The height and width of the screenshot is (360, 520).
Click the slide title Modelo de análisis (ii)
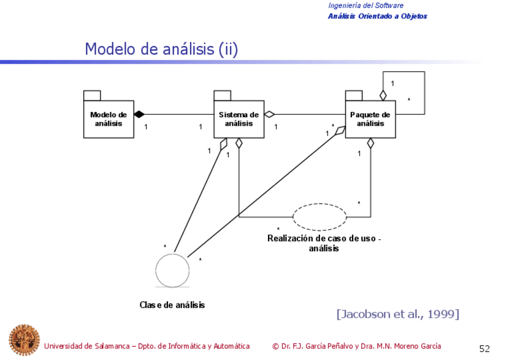[x=161, y=49]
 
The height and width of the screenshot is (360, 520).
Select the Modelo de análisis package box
[x=109, y=119]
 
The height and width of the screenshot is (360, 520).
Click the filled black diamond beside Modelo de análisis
[x=139, y=114]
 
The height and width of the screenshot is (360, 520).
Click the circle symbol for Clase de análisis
[x=172, y=269]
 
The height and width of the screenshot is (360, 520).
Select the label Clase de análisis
[x=172, y=305]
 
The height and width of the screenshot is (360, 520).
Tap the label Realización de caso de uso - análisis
[x=324, y=243]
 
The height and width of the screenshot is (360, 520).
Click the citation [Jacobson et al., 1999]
[x=397, y=314]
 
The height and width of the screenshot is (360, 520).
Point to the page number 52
[x=484, y=348]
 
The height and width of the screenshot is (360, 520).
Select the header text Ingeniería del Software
[x=365, y=6]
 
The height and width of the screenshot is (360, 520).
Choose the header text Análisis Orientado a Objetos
[x=377, y=16]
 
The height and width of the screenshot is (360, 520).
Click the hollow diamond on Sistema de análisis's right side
[x=269, y=114]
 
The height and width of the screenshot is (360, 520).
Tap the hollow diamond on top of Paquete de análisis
[x=383, y=95]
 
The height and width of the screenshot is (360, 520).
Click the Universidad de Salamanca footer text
[x=147, y=347]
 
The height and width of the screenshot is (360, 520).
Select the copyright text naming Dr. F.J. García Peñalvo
[x=356, y=347]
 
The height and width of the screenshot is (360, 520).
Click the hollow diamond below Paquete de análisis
[x=370, y=144]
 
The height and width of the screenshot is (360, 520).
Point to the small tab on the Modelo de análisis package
[x=92, y=95]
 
